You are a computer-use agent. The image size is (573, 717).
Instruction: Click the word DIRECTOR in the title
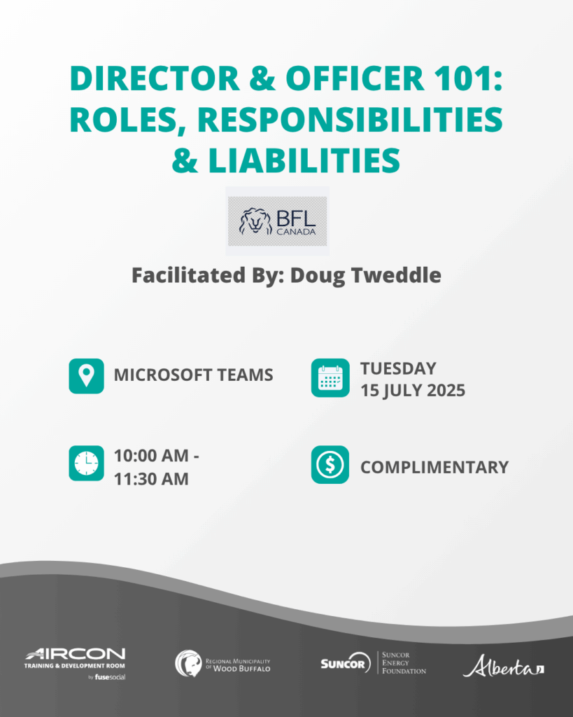[x=155, y=78]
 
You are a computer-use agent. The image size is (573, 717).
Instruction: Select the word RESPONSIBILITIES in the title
[x=350, y=120]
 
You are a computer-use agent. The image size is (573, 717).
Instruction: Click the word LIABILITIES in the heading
[x=304, y=160]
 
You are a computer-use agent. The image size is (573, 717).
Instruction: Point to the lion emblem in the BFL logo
[x=255, y=221]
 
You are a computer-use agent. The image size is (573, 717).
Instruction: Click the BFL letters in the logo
[x=296, y=218]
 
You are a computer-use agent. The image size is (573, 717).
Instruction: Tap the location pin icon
[x=86, y=376]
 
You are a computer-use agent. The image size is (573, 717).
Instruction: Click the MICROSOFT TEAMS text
[x=193, y=375]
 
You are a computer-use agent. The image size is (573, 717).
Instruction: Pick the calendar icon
[x=330, y=377]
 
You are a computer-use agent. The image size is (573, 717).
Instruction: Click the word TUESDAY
[x=398, y=368]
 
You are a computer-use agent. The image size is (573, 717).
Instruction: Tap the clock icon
[x=86, y=464]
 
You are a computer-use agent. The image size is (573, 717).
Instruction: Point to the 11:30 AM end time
[x=151, y=479]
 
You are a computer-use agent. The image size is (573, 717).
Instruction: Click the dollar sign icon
[x=330, y=465]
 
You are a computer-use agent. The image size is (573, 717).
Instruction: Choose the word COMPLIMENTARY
[x=434, y=467]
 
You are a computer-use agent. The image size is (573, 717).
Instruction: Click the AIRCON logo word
[x=76, y=654]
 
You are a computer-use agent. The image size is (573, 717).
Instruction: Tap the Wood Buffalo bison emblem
[x=188, y=664]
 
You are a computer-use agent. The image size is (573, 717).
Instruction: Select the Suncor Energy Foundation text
[x=404, y=663]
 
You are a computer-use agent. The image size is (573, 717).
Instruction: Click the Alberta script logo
[x=503, y=666]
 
